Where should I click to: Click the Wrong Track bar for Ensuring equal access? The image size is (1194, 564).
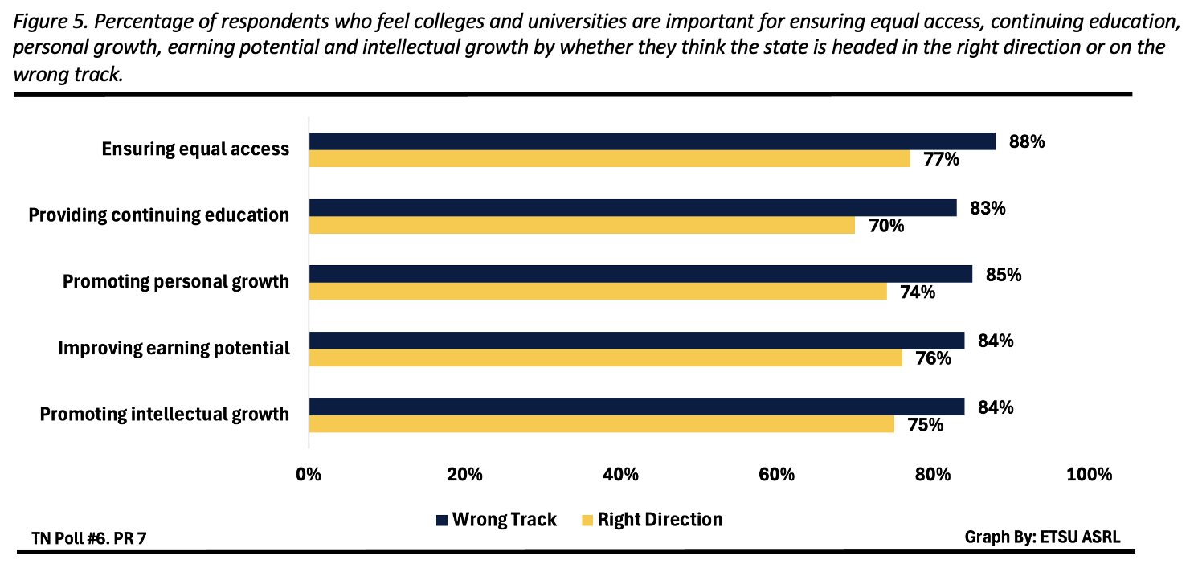click(652, 141)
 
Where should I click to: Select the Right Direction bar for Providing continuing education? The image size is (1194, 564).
click(582, 226)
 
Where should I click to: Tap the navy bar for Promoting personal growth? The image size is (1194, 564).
click(640, 274)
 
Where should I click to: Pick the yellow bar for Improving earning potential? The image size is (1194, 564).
click(605, 358)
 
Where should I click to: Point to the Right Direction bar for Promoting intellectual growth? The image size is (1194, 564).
click(601, 424)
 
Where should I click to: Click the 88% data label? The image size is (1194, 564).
click(1026, 142)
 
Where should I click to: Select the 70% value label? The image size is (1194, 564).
click(886, 227)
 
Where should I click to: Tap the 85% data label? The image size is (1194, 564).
click(1003, 275)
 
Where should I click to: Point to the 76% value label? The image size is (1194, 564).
click(933, 358)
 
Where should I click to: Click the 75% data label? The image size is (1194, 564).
click(925, 425)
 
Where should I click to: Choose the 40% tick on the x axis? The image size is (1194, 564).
click(620, 474)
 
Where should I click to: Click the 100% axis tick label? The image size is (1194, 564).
click(1089, 474)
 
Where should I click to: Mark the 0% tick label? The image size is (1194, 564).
click(309, 474)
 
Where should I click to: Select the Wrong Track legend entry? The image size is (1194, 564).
click(496, 520)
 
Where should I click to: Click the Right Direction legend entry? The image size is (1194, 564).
click(651, 520)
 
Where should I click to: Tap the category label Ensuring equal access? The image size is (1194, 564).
click(195, 149)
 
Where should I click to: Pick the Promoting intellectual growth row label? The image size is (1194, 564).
click(164, 415)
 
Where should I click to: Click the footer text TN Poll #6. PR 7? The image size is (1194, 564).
click(89, 537)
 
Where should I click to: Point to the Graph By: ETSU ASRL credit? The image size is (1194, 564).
click(1041, 536)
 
